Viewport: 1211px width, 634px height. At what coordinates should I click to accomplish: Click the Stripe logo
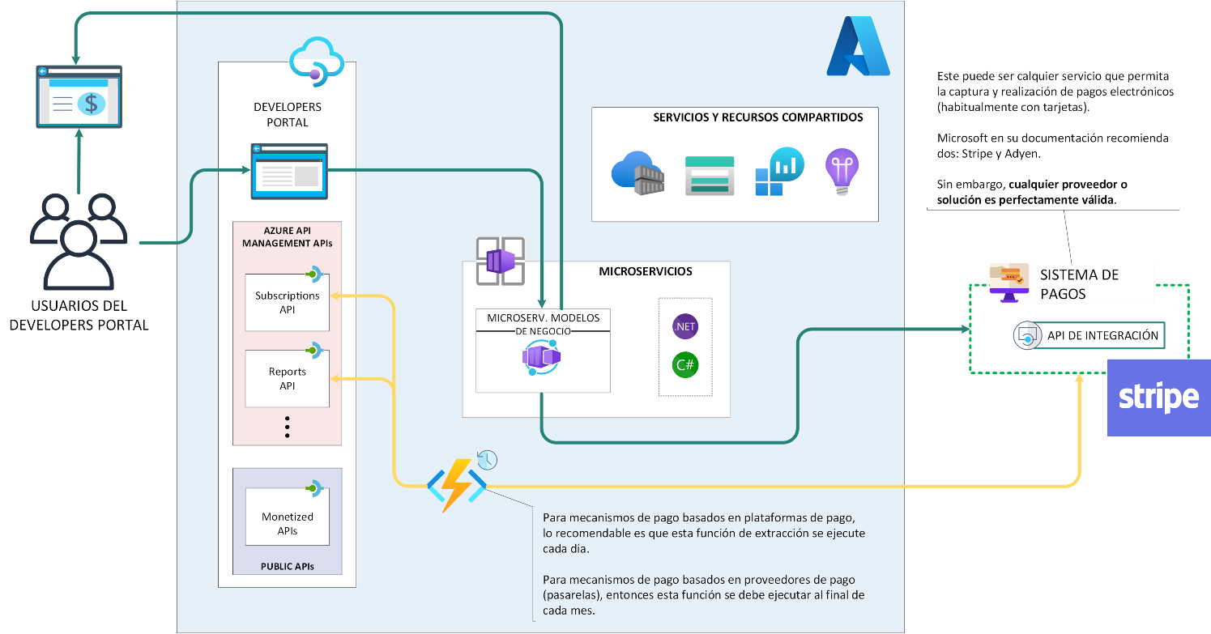[1158, 398]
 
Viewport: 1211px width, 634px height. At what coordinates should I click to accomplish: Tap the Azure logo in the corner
[859, 46]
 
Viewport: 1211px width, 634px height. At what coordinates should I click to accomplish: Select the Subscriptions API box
[287, 302]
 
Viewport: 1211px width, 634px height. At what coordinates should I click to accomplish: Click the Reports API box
[287, 378]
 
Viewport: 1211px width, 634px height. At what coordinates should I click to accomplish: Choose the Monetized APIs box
[287, 517]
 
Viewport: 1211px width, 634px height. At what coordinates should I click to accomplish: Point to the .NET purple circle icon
[685, 326]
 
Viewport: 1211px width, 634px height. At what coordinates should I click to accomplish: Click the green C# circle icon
[685, 365]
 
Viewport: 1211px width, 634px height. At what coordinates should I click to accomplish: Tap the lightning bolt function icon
[457, 485]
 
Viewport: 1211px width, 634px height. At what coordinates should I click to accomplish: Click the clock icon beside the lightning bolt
[487, 460]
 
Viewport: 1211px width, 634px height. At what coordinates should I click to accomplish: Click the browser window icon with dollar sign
[79, 96]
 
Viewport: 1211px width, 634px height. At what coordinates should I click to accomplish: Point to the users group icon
[79, 241]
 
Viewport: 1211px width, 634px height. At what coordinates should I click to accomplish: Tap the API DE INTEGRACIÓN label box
[1099, 336]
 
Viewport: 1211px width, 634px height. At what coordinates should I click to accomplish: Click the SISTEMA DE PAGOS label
[1079, 284]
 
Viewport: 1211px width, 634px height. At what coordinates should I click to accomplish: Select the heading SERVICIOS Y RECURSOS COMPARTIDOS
[758, 117]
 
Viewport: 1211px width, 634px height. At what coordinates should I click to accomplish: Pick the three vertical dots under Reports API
[287, 427]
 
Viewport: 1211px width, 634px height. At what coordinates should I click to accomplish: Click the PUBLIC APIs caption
[287, 567]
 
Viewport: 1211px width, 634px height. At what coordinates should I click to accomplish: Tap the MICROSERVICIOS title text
[645, 271]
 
